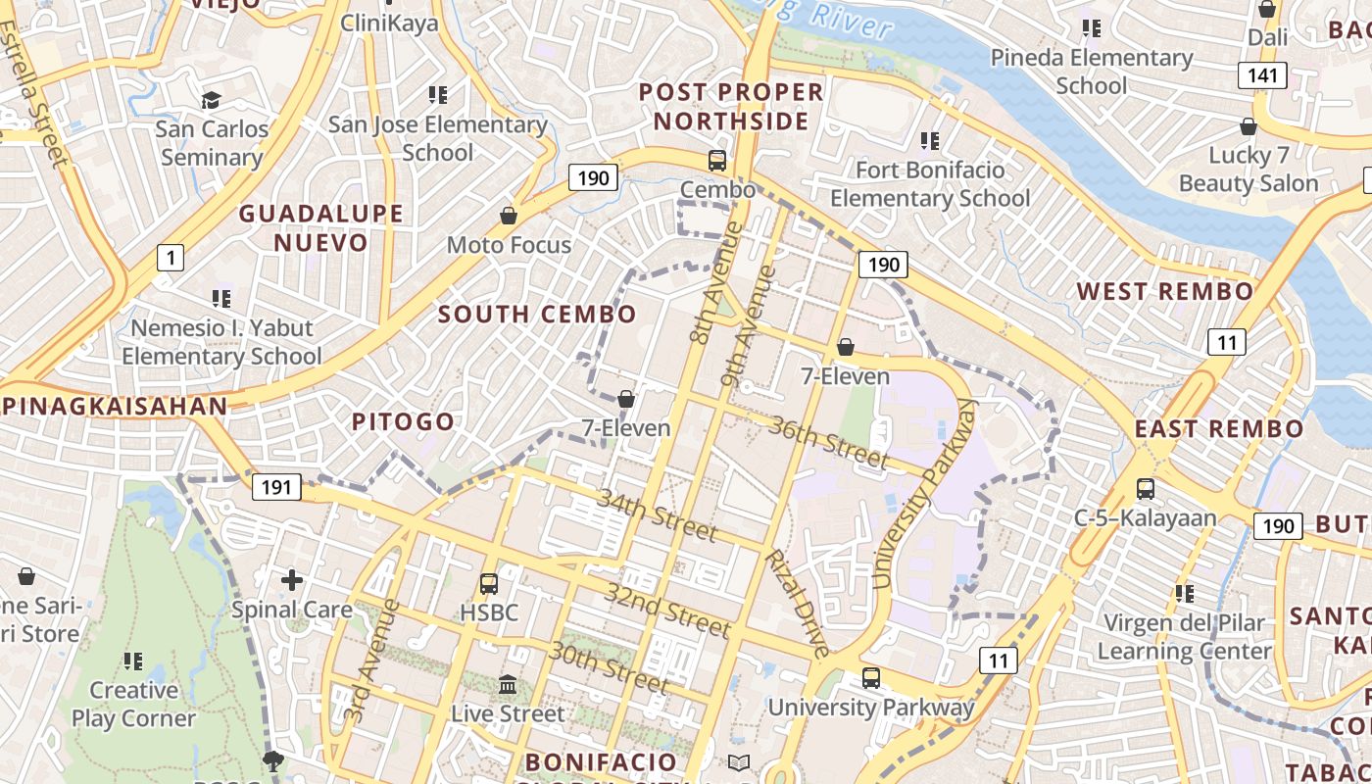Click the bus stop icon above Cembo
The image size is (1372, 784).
click(717, 161)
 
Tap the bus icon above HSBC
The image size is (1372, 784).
click(489, 584)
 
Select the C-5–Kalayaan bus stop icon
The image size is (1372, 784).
click(1145, 488)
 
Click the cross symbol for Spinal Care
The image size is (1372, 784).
click(291, 580)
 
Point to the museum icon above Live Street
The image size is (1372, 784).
click(508, 684)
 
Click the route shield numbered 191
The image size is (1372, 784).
click(276, 486)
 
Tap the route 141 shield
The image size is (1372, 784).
click(1262, 75)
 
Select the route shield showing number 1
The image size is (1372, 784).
click(171, 258)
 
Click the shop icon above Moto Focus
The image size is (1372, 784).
click(509, 215)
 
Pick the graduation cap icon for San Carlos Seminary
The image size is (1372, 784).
click(211, 100)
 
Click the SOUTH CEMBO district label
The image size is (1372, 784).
click(537, 315)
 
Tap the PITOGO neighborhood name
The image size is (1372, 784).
click(403, 422)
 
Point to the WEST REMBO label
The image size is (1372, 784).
click(1165, 291)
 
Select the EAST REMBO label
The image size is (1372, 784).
click(1219, 428)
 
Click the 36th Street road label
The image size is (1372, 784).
click(829, 442)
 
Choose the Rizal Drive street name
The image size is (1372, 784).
click(798, 603)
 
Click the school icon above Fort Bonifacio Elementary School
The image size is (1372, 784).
click(929, 141)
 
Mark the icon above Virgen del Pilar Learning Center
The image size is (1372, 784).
click(1184, 593)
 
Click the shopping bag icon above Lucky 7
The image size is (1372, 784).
click(1249, 126)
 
